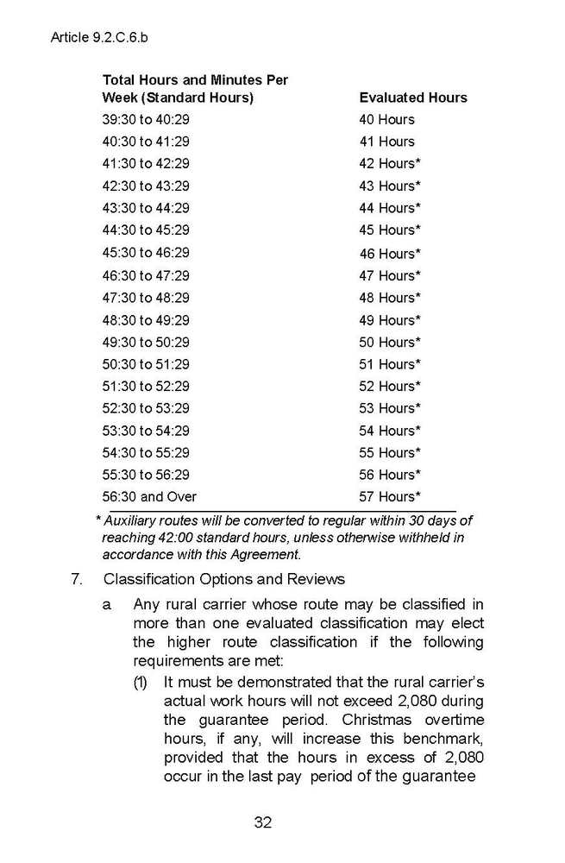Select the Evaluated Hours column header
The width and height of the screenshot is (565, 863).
pyautogui.click(x=412, y=98)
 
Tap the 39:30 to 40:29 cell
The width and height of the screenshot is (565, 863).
pyautogui.click(x=146, y=120)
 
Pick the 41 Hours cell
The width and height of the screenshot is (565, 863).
pyautogui.click(x=386, y=142)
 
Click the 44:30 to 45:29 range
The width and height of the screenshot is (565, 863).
pyautogui.click(x=146, y=230)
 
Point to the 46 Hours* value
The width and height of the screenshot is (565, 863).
pyautogui.click(x=390, y=254)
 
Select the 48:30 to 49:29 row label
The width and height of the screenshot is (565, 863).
pyautogui.click(x=146, y=320)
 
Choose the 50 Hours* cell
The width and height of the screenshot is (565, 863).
pyautogui.click(x=390, y=343)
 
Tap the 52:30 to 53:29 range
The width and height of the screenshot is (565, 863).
pyautogui.click(x=146, y=408)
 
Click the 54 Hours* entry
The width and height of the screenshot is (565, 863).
pyautogui.click(x=390, y=431)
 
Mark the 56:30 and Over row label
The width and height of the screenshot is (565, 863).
pyautogui.click(x=149, y=497)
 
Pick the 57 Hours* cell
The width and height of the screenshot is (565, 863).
pyautogui.click(x=390, y=497)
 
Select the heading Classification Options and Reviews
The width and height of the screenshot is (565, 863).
pyautogui.click(x=223, y=579)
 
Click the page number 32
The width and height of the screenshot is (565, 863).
pyautogui.click(x=263, y=822)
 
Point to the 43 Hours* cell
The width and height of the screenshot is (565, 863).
pyautogui.click(x=390, y=186)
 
